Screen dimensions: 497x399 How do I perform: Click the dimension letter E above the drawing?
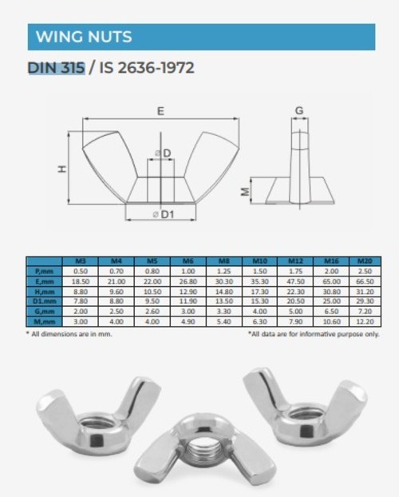[161, 113]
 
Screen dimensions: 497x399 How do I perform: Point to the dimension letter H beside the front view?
[61, 169]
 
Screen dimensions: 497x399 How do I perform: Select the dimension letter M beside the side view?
[246, 191]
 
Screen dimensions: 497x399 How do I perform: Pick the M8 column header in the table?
[223, 261]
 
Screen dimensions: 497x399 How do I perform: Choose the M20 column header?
[365, 261]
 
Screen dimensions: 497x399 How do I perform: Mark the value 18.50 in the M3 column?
[81, 281]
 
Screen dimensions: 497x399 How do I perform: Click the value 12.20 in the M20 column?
[365, 320]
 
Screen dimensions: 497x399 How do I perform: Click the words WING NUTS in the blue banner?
[84, 37]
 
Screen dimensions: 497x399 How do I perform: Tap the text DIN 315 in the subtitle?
[56, 68]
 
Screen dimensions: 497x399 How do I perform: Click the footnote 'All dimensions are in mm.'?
[69, 333]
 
